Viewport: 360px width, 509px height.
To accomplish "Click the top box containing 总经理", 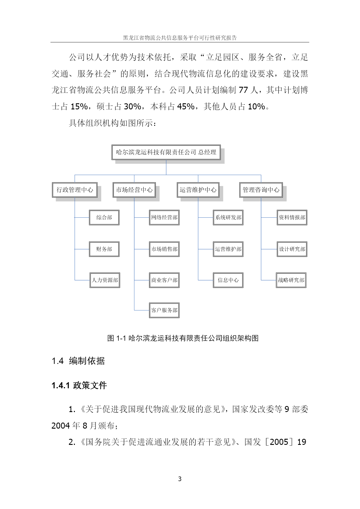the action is tap(166, 152).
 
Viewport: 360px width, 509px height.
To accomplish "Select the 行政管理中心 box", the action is tap(75, 190).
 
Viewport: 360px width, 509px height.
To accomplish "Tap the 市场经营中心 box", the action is tap(134, 190).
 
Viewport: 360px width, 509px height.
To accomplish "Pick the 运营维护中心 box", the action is tap(198, 190).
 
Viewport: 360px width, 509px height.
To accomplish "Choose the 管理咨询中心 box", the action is tap(261, 190).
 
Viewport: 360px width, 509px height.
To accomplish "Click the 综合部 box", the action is tap(104, 217).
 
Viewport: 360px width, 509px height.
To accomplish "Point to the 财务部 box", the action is tap(104, 249).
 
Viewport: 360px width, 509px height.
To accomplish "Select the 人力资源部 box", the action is tap(105, 280).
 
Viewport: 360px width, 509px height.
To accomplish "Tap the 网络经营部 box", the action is tap(164, 217).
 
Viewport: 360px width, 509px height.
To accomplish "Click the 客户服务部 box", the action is tap(164, 310).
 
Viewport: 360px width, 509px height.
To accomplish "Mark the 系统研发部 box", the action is tap(228, 217).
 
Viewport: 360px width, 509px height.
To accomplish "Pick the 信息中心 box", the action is tap(228, 280).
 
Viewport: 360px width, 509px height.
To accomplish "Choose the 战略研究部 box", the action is tap(291, 280).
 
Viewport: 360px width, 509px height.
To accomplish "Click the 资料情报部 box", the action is tap(292, 217).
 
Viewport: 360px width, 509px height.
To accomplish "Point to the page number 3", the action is tap(180, 479).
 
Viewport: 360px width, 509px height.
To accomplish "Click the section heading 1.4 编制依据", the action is tap(78, 361).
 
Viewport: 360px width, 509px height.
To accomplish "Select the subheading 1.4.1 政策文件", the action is tap(79, 385).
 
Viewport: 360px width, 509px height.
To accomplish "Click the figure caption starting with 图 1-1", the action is tap(183, 338).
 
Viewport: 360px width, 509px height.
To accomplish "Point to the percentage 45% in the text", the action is tap(186, 107).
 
